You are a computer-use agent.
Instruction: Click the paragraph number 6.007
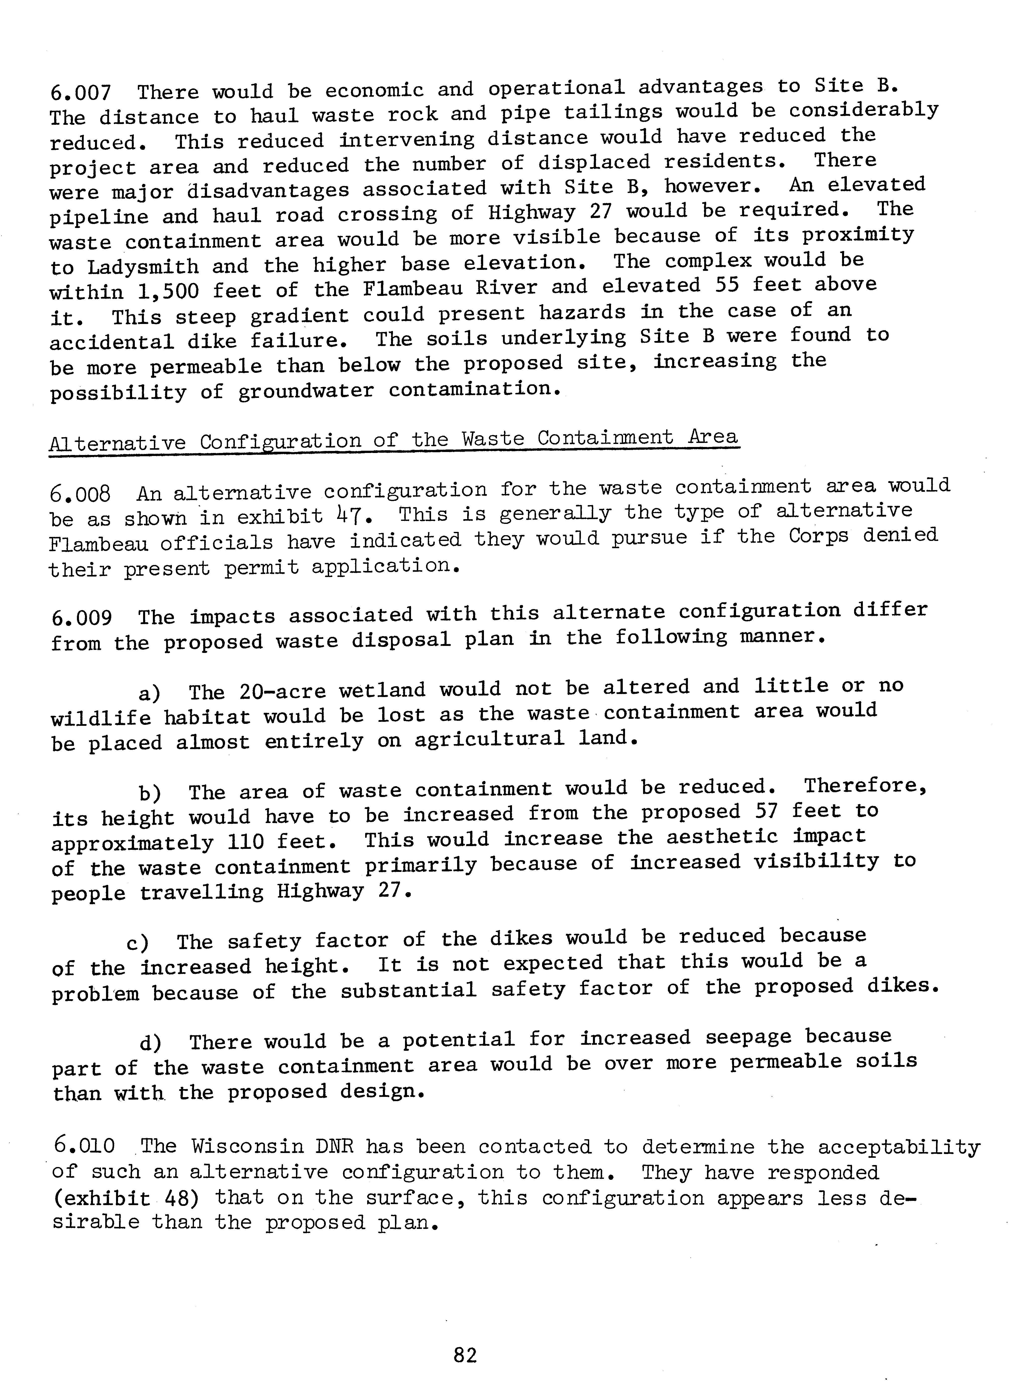tap(80, 93)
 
